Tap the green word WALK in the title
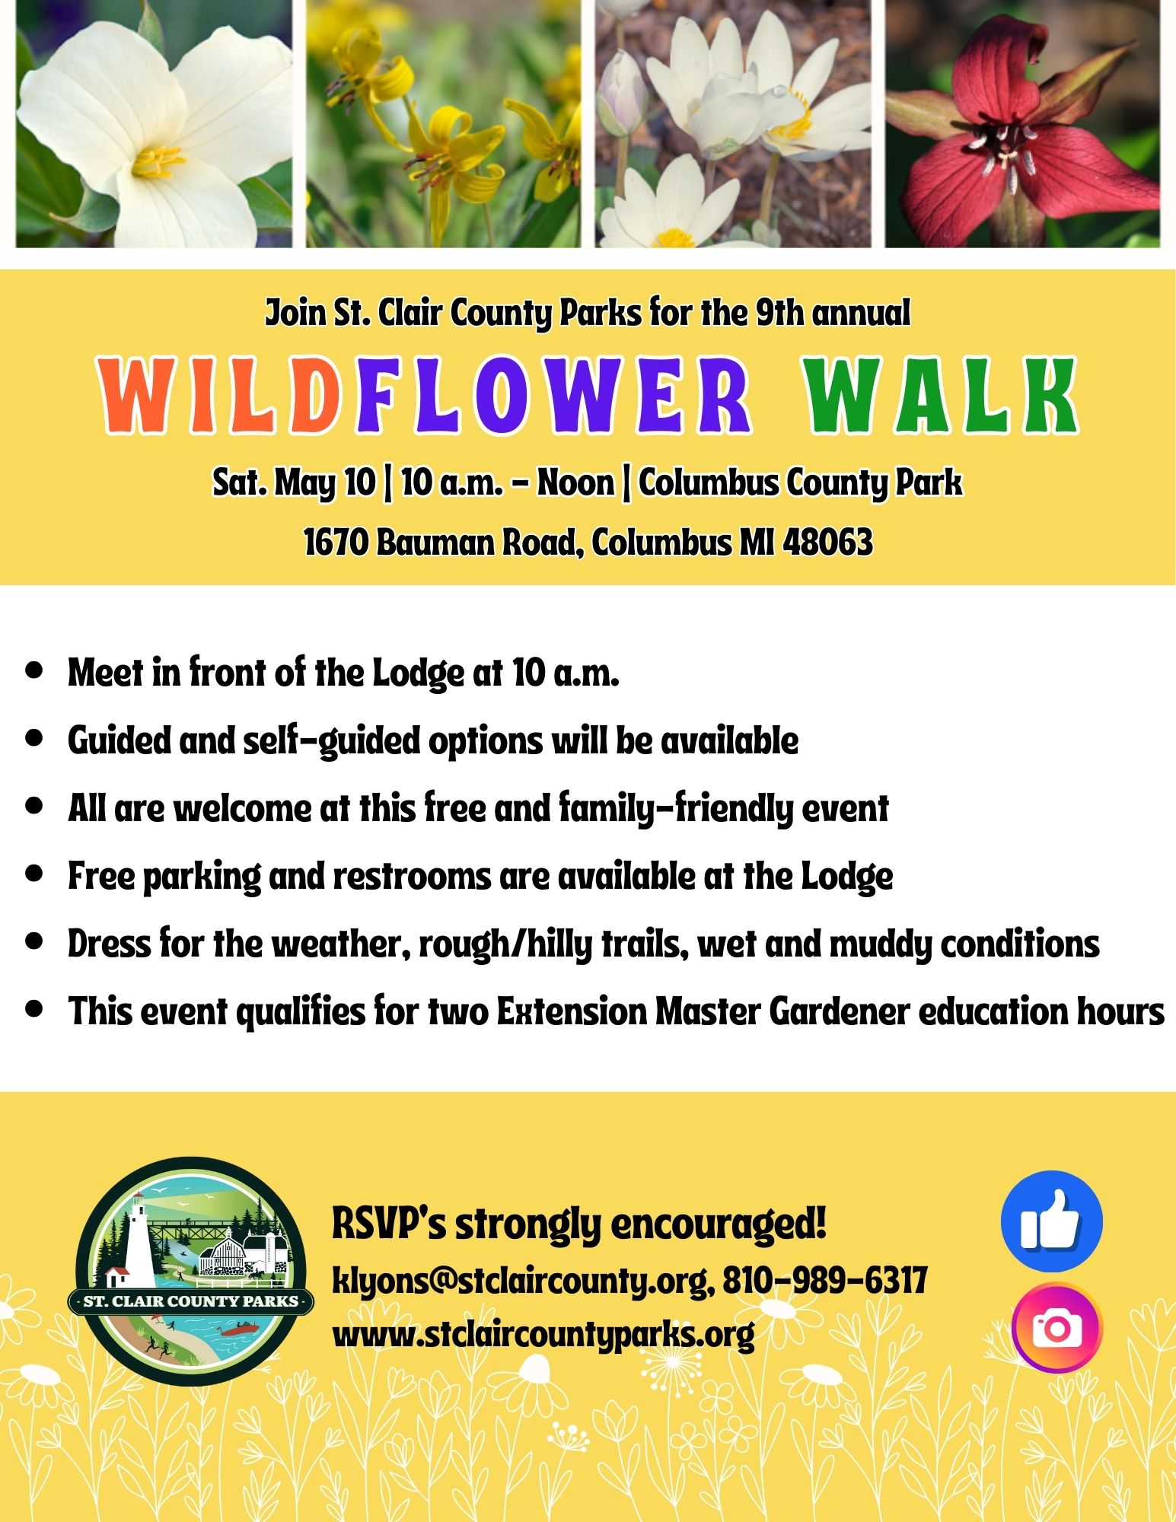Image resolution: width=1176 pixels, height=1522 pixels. pyautogui.click(x=942, y=396)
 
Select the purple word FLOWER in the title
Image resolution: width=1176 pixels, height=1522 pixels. pyautogui.click(x=554, y=396)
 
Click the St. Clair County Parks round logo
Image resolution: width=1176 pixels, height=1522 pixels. pyautogui.click(x=190, y=1272)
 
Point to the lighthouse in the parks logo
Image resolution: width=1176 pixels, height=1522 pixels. pyautogui.click(x=138, y=1248)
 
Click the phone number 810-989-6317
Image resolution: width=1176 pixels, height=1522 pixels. pyautogui.click(x=824, y=1280)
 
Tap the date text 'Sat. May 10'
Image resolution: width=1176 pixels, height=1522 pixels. pyautogui.click(x=294, y=482)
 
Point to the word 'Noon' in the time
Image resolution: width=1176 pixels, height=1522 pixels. pyautogui.click(x=575, y=482)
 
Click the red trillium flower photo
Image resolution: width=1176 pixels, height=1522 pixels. pyautogui.click(x=1022, y=123)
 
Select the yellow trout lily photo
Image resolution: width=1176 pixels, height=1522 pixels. pyautogui.click(x=443, y=123)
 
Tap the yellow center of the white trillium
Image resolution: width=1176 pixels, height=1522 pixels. pyautogui.click(x=158, y=162)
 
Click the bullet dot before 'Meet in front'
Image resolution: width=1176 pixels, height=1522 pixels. pyautogui.click(x=33, y=671)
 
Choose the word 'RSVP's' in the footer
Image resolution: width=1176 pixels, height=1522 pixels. pyautogui.click(x=389, y=1224)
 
